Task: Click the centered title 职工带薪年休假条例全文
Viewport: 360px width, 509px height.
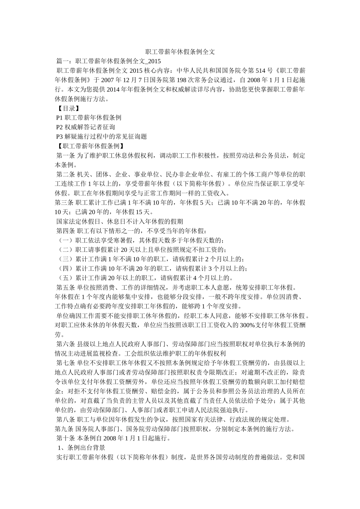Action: (x=180, y=52)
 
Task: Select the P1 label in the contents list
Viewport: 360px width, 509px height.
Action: (x=60, y=118)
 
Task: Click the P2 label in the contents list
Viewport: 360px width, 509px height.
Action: (x=60, y=127)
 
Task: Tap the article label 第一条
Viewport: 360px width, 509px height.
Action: (x=66, y=156)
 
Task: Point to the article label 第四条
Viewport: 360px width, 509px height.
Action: (x=66, y=231)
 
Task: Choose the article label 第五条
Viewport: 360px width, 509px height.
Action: (x=66, y=287)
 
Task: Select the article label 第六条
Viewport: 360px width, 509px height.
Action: (x=66, y=344)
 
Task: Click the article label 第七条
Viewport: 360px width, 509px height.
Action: (x=66, y=363)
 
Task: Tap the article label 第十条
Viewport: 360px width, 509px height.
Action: (x=66, y=439)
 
